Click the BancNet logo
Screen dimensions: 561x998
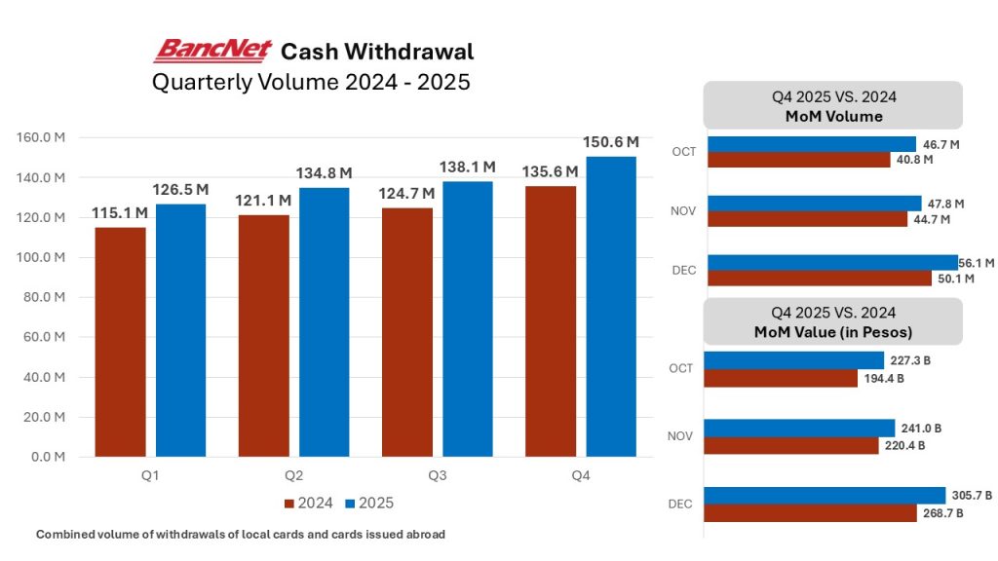coord(212,50)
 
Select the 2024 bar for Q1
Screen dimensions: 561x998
coord(120,341)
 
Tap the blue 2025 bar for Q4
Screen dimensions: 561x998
coord(611,306)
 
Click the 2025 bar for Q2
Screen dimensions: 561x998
coord(324,321)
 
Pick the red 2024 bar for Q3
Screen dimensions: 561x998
coord(407,331)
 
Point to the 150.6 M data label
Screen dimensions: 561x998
coord(611,142)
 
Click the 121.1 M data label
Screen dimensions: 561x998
coord(263,201)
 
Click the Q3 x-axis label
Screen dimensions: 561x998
coord(438,476)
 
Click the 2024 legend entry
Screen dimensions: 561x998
coord(310,504)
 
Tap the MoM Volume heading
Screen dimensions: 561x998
coord(833,117)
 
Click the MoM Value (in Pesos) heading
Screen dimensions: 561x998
coord(833,332)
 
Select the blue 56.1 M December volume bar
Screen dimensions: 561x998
coord(832,263)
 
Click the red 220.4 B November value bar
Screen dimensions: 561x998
coord(792,445)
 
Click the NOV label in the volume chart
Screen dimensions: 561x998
coord(684,210)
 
